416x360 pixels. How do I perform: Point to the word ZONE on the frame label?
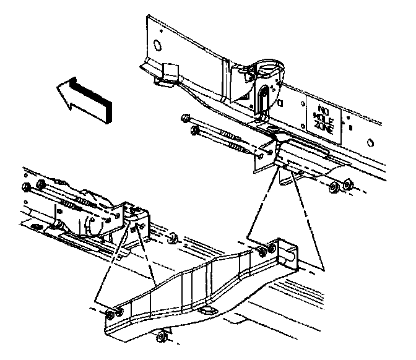coord(323,127)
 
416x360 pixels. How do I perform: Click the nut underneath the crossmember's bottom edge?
coord(162,336)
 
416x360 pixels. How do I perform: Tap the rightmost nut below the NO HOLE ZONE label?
coord(347,184)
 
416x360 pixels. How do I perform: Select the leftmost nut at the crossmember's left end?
coord(110,314)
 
